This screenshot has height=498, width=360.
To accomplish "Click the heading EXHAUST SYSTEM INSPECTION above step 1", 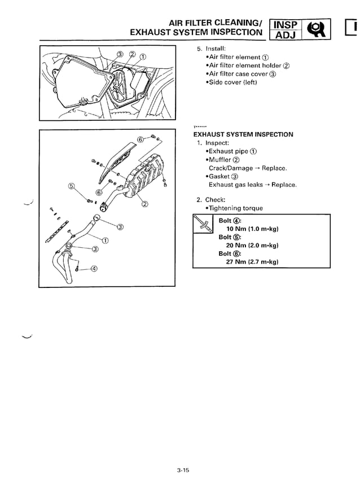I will (x=243, y=134).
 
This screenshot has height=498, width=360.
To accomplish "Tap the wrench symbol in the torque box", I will (x=203, y=225).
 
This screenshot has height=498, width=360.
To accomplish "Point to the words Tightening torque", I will (x=236, y=208).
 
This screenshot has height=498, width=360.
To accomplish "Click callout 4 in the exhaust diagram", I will (x=94, y=269).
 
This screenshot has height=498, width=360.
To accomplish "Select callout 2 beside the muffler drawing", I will (x=144, y=204).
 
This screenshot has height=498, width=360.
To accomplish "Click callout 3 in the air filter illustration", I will (x=120, y=54).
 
